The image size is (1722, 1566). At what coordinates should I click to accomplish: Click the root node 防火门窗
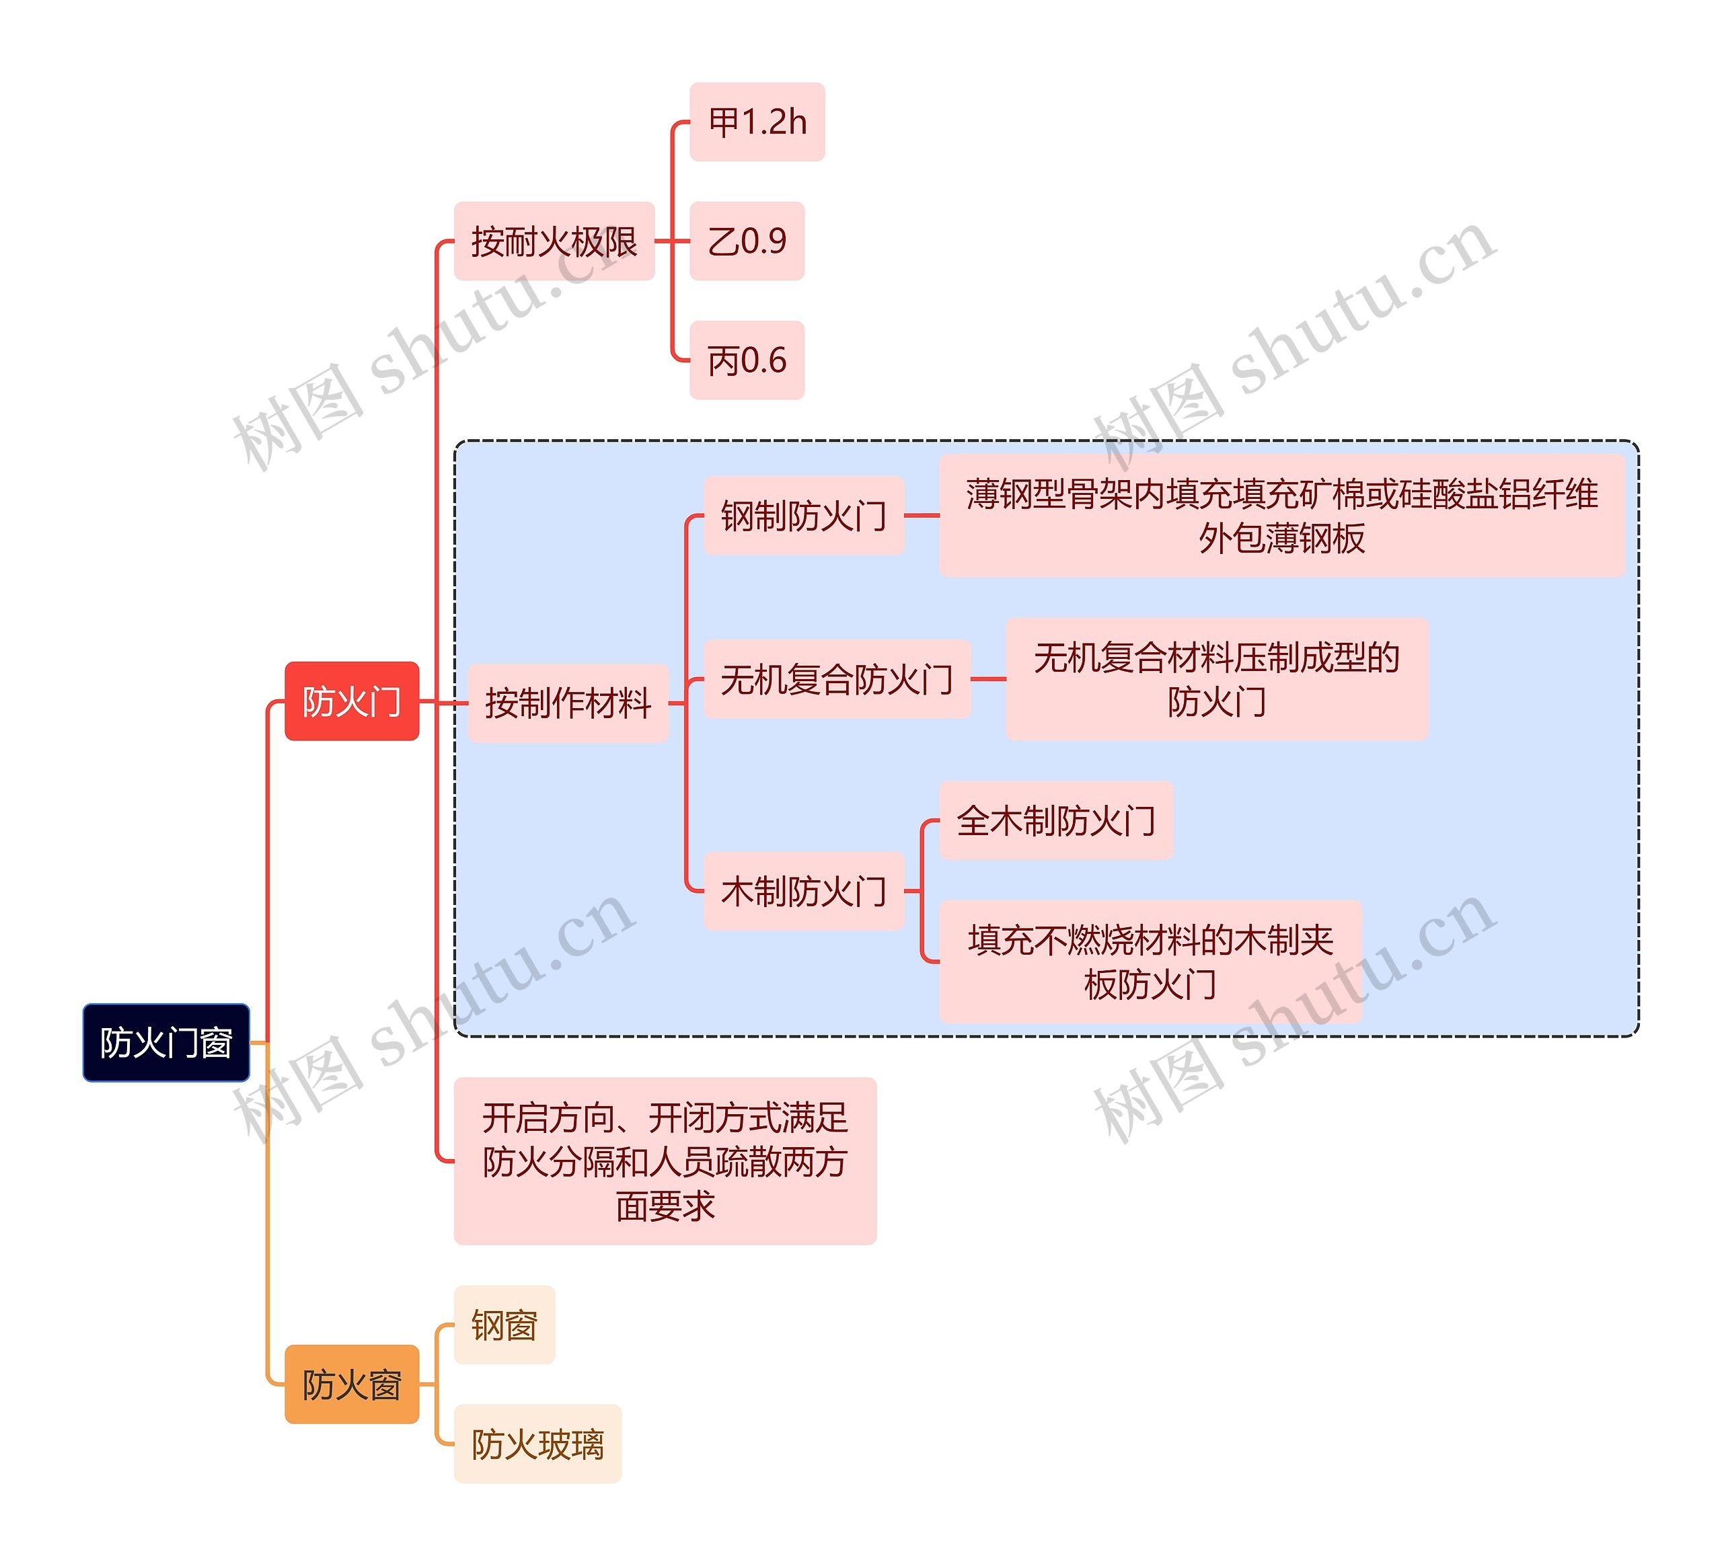pos(165,1043)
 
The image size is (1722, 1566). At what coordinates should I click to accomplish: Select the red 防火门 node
pos(351,701)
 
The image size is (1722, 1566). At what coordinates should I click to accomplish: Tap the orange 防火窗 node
pos(351,1384)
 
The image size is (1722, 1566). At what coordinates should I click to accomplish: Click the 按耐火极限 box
pos(554,241)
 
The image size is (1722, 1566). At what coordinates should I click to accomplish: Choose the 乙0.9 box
pos(747,241)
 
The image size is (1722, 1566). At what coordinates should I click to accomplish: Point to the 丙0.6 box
pos(747,360)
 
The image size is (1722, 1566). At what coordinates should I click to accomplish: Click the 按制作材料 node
pos(567,703)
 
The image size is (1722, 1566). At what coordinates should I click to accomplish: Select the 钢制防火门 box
pos(803,516)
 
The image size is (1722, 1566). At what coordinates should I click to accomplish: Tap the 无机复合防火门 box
pos(836,679)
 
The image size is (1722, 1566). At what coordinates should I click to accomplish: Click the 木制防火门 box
pos(803,891)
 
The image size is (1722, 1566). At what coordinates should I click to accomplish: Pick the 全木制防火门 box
pos(1056,820)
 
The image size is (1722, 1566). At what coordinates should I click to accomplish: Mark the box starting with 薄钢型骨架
pos(1281,515)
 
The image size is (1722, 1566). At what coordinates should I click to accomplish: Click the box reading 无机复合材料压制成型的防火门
pos(1216,679)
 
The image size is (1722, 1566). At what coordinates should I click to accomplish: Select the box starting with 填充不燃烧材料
pos(1150,962)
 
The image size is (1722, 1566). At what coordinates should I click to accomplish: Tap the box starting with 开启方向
pos(665,1161)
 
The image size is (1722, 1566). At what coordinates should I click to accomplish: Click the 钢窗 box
pos(504,1325)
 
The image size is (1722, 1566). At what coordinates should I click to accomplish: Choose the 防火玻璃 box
pos(537,1444)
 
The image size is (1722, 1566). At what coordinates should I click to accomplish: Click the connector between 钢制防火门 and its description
pos(922,516)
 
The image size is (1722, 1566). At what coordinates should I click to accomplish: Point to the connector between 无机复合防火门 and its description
pos(988,679)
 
